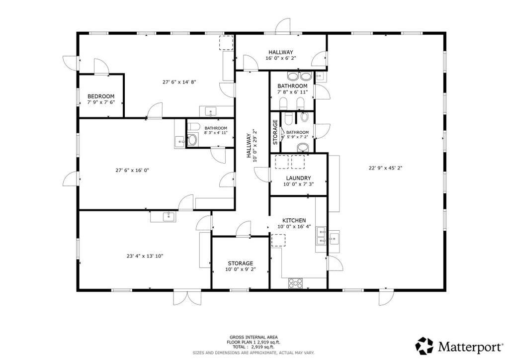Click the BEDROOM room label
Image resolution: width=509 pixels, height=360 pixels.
(101, 96)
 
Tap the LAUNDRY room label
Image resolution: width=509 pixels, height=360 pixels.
(298, 178)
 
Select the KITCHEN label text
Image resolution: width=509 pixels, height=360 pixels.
(294, 220)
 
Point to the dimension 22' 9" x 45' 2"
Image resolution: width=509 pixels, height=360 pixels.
(386, 168)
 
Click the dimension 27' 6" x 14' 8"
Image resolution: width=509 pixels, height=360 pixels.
(179, 82)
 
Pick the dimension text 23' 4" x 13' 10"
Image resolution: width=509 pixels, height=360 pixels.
(145, 256)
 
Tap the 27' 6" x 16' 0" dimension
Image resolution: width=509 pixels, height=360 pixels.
(132, 170)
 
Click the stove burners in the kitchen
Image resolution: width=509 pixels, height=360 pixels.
(295, 283)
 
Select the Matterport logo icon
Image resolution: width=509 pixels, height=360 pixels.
(424, 346)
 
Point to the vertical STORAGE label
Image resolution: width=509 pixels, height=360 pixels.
(275, 132)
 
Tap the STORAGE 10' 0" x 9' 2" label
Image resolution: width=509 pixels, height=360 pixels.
(240, 266)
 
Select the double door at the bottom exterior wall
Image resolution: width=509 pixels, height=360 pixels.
(187, 297)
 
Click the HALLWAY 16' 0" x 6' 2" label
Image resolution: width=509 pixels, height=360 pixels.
(281, 55)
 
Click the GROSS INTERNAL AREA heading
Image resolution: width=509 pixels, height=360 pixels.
(254, 337)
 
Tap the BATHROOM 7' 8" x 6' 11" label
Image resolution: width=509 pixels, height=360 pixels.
(292, 89)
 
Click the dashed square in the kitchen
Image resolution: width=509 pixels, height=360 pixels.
(278, 241)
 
